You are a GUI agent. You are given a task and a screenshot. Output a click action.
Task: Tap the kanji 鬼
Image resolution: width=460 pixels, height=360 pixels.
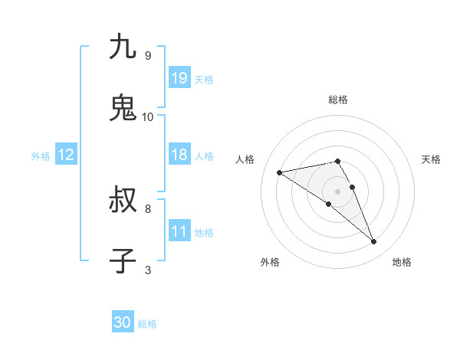[x=123, y=108]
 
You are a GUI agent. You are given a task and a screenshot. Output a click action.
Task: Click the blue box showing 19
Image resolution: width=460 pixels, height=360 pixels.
[x=179, y=78]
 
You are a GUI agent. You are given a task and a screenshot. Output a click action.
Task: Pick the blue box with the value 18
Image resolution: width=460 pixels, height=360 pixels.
[x=179, y=155]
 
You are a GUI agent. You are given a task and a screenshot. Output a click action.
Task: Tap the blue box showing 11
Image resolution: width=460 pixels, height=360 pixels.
[x=179, y=231]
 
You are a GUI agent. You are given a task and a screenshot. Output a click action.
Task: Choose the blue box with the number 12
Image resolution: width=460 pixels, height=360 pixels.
[x=66, y=155]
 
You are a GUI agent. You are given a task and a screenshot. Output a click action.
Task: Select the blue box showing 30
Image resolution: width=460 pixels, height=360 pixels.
[x=123, y=322]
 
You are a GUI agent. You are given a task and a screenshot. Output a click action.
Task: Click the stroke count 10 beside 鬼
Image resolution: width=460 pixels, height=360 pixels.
[x=148, y=117]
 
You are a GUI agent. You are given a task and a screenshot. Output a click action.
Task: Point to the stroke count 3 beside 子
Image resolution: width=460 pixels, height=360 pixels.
[x=148, y=270]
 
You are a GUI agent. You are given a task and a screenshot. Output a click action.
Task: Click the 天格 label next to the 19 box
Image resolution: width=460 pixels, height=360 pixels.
[x=204, y=79]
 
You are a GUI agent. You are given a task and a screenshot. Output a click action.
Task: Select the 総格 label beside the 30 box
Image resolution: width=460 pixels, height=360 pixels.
[x=147, y=324]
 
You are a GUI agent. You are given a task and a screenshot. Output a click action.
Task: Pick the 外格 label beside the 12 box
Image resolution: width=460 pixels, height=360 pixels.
[x=41, y=156]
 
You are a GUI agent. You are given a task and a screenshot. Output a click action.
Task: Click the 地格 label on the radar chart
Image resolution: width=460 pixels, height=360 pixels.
[x=402, y=262]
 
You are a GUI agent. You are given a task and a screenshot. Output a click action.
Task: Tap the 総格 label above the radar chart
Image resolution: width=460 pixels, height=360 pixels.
[x=338, y=100]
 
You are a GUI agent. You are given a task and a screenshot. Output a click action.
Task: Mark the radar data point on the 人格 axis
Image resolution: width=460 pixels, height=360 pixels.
[x=280, y=172]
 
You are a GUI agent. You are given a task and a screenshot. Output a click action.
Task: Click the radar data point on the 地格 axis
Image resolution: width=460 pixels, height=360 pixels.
[x=374, y=242]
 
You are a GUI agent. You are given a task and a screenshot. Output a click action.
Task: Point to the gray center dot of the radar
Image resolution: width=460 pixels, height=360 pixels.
[x=338, y=191]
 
